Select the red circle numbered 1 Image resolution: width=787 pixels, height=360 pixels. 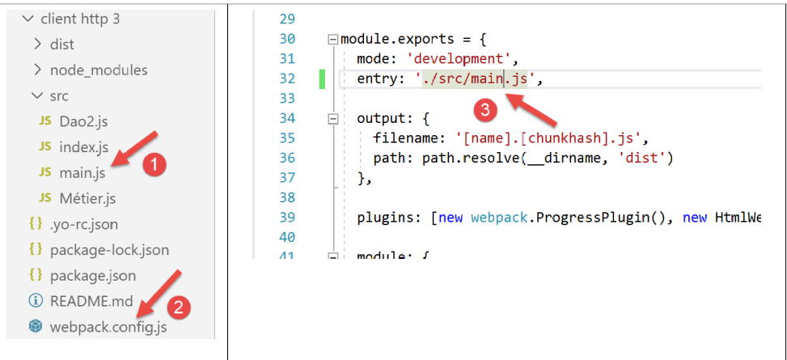pos(154,165)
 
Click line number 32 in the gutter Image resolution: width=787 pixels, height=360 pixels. pos(287,78)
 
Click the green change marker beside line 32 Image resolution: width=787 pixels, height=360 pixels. pos(322,79)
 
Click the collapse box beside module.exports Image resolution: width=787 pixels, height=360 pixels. pos(332,40)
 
